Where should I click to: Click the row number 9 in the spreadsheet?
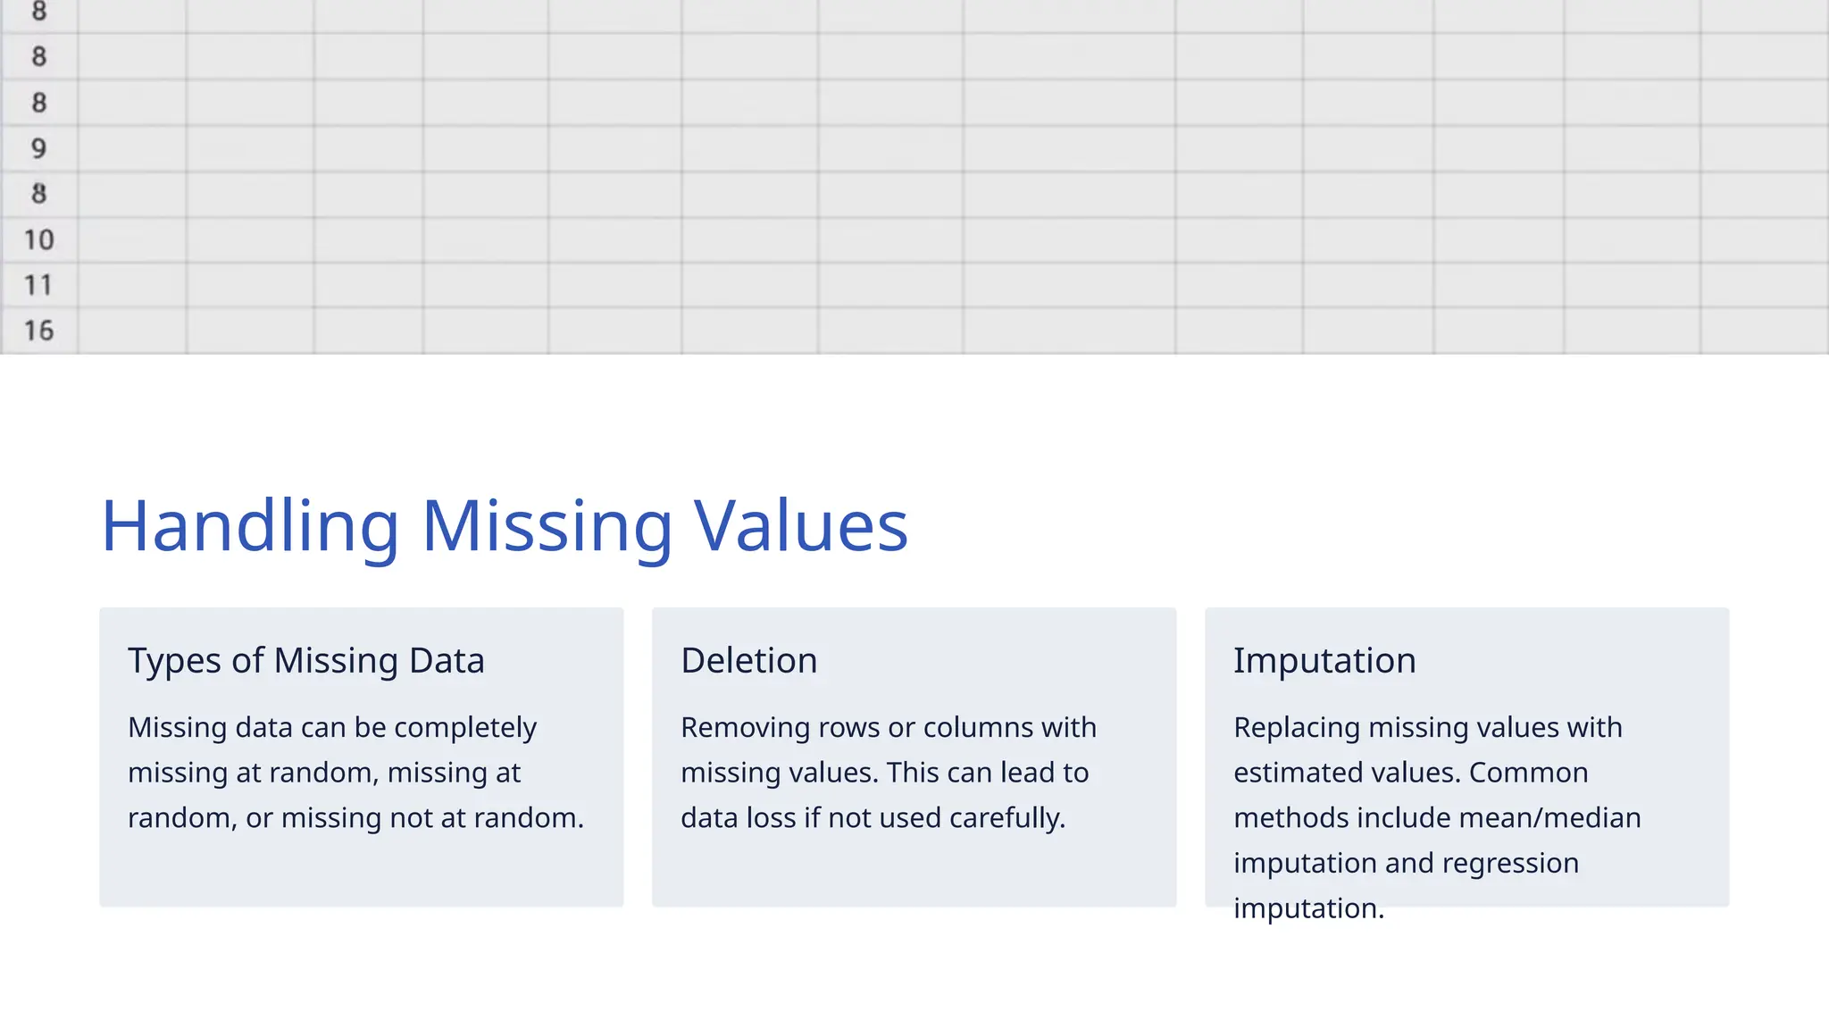(38, 148)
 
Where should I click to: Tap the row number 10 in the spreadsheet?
(38, 239)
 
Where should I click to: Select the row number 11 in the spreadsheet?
(38, 285)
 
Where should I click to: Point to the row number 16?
(38, 330)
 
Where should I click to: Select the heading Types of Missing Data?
(306, 661)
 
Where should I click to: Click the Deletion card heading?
(748, 661)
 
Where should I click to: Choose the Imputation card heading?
(1324, 661)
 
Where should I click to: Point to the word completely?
(465, 728)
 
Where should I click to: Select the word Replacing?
(1297, 728)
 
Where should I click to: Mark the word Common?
(1528, 773)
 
